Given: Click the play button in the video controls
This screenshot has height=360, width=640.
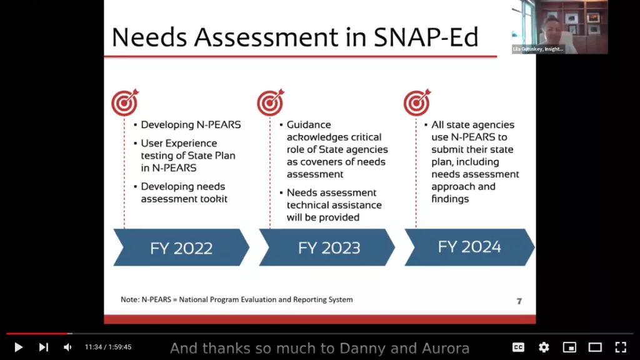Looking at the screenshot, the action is point(18,347).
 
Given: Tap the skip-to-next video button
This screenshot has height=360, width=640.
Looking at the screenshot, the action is point(44,347).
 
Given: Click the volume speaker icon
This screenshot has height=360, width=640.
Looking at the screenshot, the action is point(67,347).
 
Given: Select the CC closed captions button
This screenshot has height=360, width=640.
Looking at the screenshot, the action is point(518,347).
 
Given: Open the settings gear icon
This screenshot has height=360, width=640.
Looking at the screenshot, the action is point(544,347).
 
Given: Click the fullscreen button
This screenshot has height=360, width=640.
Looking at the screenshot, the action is point(621,347).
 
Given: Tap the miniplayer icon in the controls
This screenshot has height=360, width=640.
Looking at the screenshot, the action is point(569,347).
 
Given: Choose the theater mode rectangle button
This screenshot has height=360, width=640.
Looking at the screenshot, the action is point(595,347).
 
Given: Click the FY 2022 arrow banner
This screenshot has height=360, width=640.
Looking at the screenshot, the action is point(181,247).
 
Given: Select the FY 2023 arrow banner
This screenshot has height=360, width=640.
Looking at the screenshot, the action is point(327,247).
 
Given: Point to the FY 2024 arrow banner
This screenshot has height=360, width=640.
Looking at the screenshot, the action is point(469,247).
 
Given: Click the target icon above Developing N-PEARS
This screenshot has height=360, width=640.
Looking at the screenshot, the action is point(125,102).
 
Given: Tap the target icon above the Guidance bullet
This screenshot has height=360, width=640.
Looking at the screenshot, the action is point(270,102).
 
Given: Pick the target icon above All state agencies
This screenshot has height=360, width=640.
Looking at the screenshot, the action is point(417,102).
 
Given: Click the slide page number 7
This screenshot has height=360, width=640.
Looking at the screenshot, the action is point(519,301).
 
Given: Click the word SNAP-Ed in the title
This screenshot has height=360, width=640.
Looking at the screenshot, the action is point(426,37).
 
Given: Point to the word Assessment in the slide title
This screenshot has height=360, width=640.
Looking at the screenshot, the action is point(266,37).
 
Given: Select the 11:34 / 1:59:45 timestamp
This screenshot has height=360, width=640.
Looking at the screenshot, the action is point(108,347).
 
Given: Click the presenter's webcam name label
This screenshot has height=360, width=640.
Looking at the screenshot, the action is point(538,49).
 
